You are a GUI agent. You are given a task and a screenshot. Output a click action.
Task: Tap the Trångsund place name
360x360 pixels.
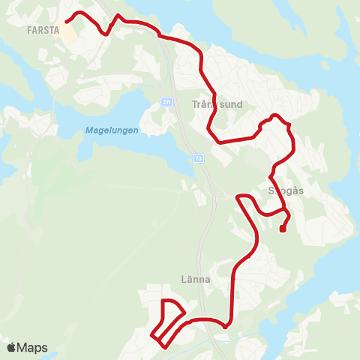tap(217, 104)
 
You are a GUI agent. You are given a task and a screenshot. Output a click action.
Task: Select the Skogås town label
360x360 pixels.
tap(285, 190)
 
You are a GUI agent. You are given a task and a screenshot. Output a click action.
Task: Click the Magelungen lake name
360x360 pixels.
tap(111, 130)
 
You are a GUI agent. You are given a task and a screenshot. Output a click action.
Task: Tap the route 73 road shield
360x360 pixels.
tap(197, 158)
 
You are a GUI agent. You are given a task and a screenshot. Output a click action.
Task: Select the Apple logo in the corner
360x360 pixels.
tap(11, 347)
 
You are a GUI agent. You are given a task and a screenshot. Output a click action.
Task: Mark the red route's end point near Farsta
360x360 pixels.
tap(66, 22)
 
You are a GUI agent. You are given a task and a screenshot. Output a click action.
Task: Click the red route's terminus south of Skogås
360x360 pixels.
tap(282, 230)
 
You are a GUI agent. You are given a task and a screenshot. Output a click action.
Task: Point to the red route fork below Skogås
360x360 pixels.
tap(284, 212)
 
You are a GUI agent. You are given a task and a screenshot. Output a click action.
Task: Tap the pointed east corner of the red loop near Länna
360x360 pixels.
tap(184, 310)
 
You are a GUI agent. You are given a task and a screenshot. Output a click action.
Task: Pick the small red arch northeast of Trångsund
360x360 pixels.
tap(275, 115)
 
